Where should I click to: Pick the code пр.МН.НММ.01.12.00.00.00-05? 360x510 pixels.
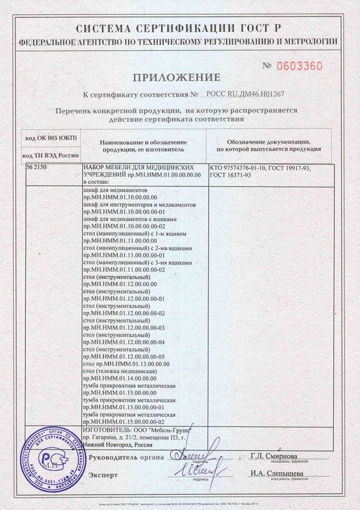click(x=124, y=357)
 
